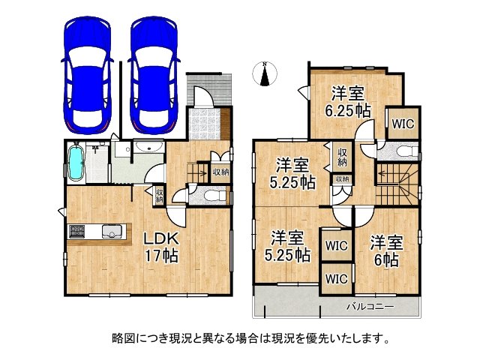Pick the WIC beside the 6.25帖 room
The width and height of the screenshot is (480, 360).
click(401, 121)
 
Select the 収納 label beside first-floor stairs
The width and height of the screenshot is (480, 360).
click(220, 172)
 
